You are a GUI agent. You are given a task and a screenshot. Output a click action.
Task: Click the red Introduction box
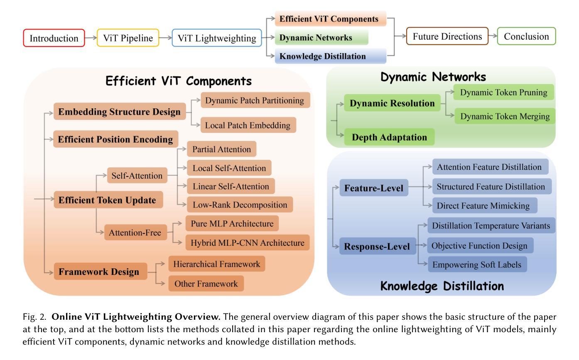(x=54, y=38)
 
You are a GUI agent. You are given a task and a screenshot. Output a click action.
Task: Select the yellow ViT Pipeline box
(x=128, y=38)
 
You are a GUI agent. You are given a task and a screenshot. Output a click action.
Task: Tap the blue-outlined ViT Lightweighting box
(x=217, y=38)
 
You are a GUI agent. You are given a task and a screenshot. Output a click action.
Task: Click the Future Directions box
(x=447, y=37)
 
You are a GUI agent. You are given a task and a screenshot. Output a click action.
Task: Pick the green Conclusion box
(x=526, y=37)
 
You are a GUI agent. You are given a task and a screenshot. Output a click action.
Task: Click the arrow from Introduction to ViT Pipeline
(x=91, y=38)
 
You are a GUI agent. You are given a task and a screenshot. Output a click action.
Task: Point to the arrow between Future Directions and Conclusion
(x=493, y=37)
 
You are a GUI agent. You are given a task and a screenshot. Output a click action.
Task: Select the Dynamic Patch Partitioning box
(x=255, y=100)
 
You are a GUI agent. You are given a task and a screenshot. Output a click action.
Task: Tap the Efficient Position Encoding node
(x=115, y=140)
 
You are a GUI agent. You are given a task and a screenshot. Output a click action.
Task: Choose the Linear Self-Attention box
(x=231, y=186)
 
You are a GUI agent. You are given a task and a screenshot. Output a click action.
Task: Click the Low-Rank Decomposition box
(x=240, y=205)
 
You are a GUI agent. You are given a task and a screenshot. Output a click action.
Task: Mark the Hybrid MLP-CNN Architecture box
(x=248, y=242)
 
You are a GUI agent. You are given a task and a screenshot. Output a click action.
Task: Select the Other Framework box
(x=206, y=284)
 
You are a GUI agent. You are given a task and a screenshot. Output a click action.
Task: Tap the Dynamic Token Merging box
(x=505, y=117)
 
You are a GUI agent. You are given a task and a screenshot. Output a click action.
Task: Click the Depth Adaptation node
(x=389, y=137)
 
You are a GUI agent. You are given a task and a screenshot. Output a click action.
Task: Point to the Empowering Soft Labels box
(x=477, y=264)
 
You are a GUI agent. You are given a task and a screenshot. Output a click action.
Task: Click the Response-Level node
(x=377, y=247)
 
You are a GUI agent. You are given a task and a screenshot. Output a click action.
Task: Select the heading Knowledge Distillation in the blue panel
(x=442, y=286)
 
